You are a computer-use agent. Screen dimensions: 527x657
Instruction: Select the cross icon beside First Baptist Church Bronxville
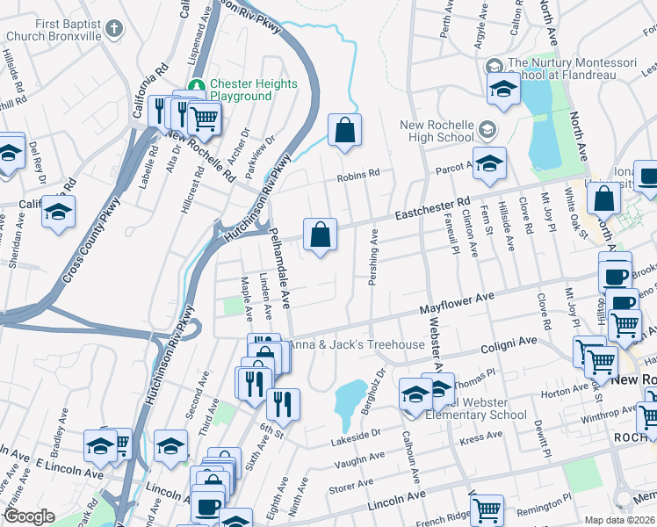coord(113,31)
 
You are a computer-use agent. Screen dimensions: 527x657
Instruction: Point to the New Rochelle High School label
coord(437,131)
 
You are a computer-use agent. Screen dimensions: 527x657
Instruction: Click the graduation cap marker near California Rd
coord(58,213)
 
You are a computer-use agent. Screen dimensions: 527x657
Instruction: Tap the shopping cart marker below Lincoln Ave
coord(487,509)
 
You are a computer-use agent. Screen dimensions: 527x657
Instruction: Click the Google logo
coord(29,516)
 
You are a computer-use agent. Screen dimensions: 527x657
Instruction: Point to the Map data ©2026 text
coord(619,519)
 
